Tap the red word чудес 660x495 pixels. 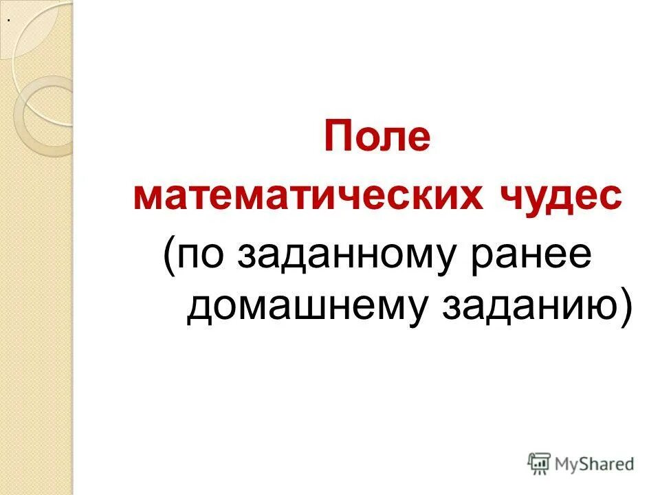(555, 197)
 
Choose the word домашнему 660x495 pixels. (306, 307)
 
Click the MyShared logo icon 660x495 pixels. (540, 463)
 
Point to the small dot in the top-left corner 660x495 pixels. (8, 20)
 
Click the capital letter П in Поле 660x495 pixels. (338, 135)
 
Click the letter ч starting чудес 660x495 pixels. (504, 198)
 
